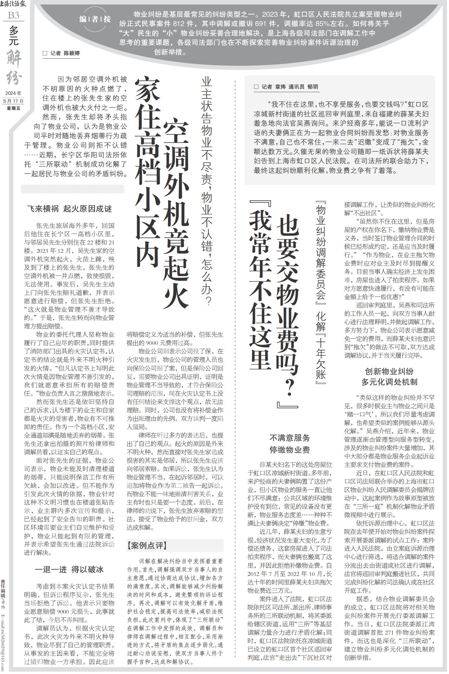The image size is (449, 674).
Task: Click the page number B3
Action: [13, 15]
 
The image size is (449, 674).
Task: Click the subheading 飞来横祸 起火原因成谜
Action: [69, 209]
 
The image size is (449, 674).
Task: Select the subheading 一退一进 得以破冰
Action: [69, 569]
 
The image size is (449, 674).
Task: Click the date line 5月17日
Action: [13, 101]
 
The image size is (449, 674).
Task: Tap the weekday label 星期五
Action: [13, 108]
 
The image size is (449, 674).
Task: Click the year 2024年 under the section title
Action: [13, 94]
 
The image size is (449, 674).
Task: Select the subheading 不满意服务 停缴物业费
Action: [289, 444]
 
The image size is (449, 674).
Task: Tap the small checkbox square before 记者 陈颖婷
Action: [45, 54]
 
